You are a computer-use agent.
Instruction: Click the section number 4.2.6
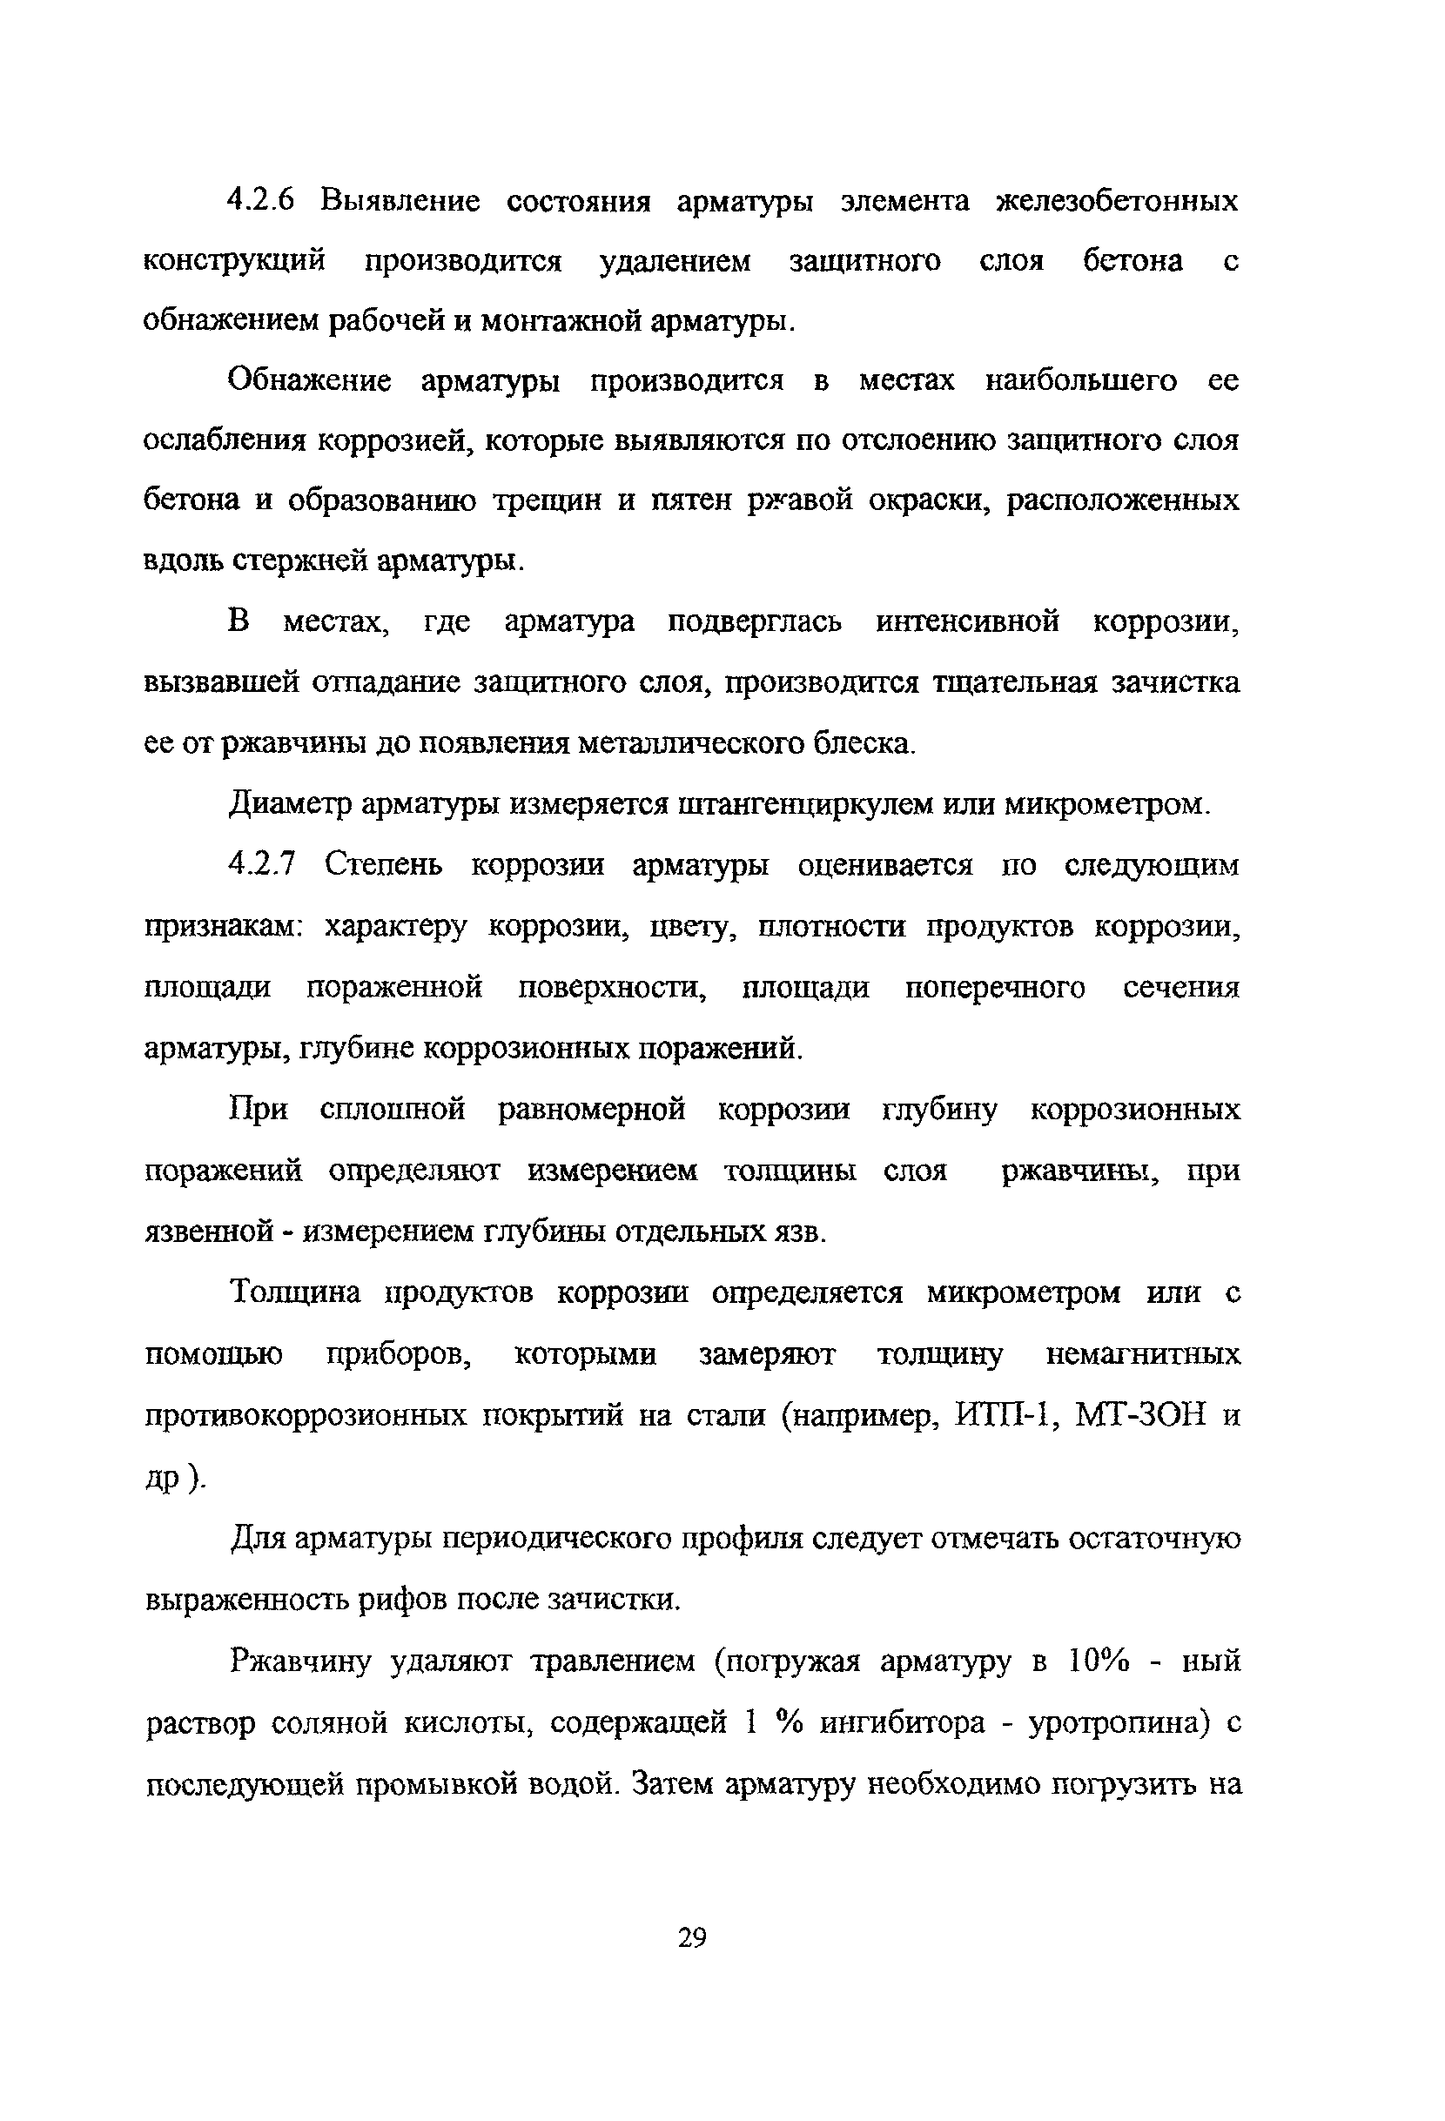[261, 200]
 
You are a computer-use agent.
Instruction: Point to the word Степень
[383, 863]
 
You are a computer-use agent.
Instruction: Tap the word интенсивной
[968, 621]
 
